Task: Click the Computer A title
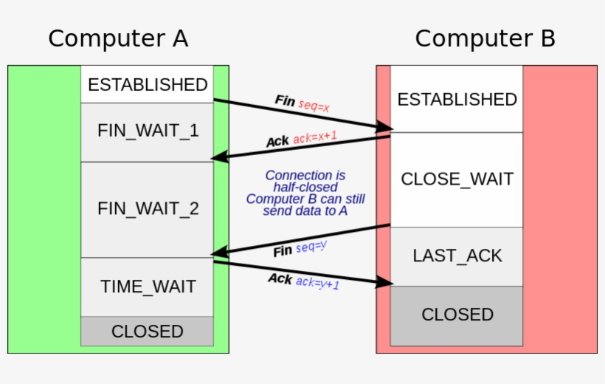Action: [118, 38]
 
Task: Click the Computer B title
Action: [485, 38]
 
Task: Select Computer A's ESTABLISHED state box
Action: [148, 84]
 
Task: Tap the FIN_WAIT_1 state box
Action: [148, 131]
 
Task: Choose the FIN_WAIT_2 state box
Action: [148, 209]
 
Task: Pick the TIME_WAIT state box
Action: [148, 287]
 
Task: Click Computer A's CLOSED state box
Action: [148, 332]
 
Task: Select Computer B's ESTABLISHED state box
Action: [457, 99]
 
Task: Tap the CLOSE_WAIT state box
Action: [457, 179]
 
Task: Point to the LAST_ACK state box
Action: [457, 256]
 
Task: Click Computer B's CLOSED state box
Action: [457, 315]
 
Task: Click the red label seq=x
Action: [314, 105]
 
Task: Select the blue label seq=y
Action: [311, 247]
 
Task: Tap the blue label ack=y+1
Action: [318, 282]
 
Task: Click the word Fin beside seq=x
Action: [285, 100]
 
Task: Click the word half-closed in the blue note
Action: [305, 188]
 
